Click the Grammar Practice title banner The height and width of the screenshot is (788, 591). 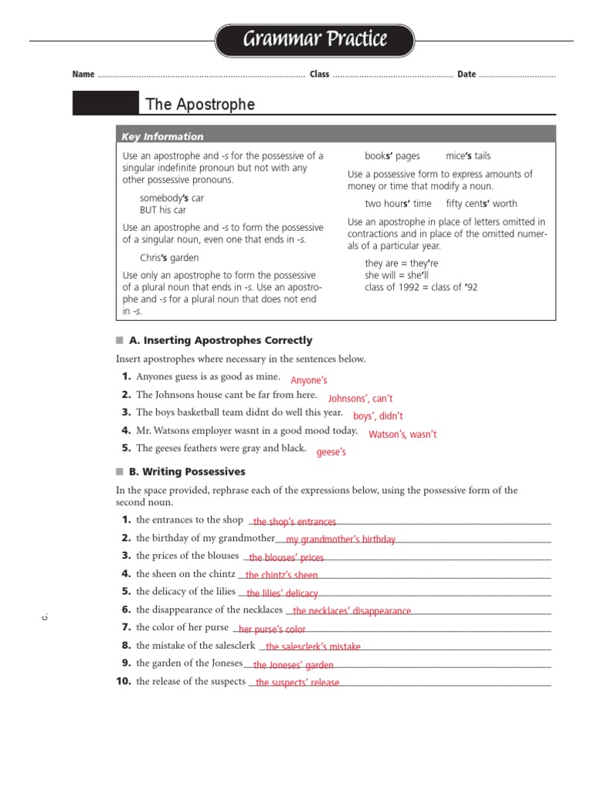point(315,39)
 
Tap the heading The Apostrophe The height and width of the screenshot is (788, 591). point(200,104)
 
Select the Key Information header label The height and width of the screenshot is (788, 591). point(162,137)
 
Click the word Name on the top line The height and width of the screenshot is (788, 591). point(83,75)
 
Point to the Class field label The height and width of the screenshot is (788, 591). point(319,75)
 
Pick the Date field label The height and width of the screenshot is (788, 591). point(466,75)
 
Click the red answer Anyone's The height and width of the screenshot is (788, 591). point(309,380)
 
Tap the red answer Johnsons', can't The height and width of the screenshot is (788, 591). point(360,399)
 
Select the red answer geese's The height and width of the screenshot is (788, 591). point(331,452)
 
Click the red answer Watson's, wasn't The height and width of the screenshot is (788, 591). point(402,435)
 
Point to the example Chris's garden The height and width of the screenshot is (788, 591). point(169,258)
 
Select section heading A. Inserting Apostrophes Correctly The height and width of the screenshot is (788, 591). point(220,340)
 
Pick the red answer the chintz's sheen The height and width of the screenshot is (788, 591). point(282,575)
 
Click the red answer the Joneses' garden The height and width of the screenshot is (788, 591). point(293,666)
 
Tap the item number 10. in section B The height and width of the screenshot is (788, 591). point(124,682)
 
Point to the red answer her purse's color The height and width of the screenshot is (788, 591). point(272,629)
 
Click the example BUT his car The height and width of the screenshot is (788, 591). point(163,210)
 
